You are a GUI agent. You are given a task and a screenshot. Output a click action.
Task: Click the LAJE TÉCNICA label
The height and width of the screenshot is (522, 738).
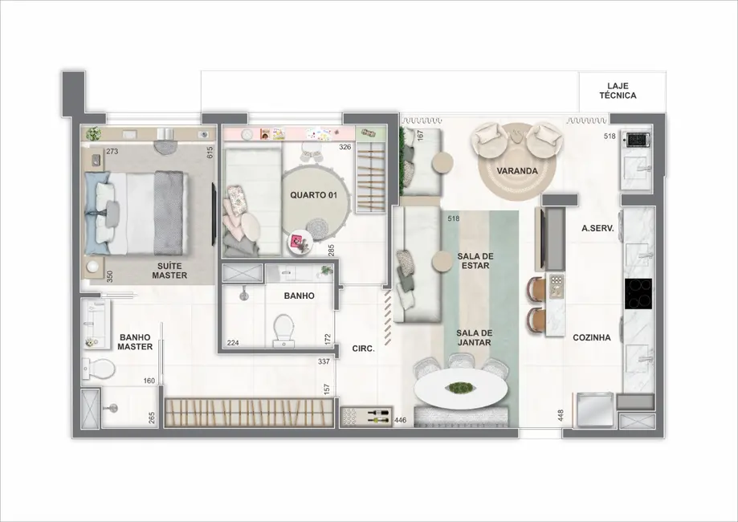[618, 90]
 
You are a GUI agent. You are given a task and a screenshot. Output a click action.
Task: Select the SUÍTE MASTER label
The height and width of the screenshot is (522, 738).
[169, 270]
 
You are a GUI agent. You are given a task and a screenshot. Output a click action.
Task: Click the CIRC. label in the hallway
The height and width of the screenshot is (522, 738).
[364, 349]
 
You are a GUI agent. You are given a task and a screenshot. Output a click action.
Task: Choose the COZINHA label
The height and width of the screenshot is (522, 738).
[591, 338]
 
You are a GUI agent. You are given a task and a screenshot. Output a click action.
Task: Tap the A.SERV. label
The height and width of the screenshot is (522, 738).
[597, 229]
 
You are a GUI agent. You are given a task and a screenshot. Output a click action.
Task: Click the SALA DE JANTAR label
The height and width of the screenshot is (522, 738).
[474, 337]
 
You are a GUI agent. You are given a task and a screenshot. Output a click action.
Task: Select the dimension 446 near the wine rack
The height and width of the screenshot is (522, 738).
[401, 420]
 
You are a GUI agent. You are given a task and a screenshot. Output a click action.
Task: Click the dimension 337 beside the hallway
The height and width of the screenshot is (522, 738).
[324, 362]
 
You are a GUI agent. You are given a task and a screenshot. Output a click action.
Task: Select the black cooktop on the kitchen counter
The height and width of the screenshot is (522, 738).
[639, 293]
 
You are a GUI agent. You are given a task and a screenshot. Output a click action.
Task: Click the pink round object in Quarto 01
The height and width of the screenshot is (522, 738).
[302, 240]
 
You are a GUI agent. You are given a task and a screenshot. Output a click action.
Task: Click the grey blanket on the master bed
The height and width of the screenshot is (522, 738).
[169, 214]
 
